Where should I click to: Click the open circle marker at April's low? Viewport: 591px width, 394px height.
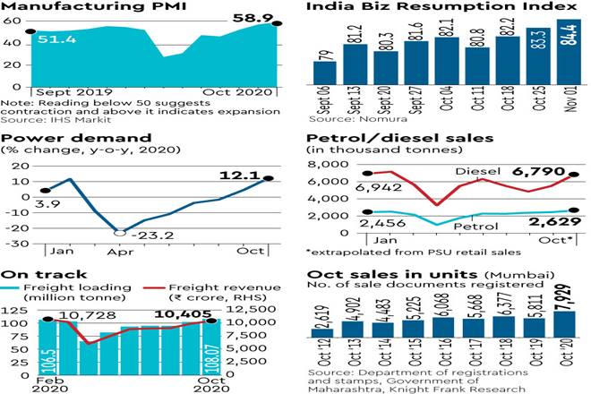point(120,232)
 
